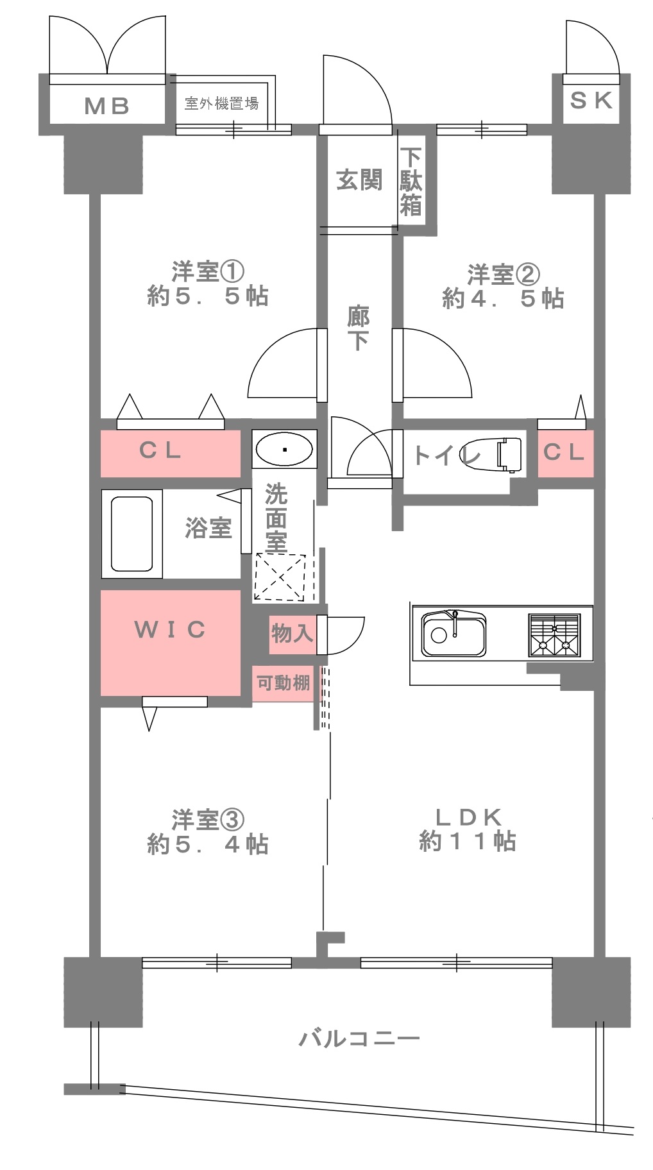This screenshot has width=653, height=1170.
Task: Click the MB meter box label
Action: click(107, 106)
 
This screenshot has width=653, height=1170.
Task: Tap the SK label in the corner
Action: click(591, 100)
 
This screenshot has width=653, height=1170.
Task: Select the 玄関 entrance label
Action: click(359, 180)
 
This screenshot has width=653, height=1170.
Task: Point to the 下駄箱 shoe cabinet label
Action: click(411, 182)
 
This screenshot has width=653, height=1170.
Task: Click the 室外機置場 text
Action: click(221, 103)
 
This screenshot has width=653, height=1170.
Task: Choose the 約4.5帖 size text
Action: click(503, 298)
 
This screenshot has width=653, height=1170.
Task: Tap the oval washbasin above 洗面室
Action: click(284, 448)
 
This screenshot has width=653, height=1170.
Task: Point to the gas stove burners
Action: click(554, 635)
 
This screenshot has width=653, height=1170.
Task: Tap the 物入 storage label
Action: click(292, 634)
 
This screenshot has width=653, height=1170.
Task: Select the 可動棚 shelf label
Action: click(284, 682)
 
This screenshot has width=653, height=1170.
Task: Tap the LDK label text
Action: click(468, 817)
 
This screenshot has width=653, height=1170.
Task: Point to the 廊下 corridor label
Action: click(359, 328)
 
